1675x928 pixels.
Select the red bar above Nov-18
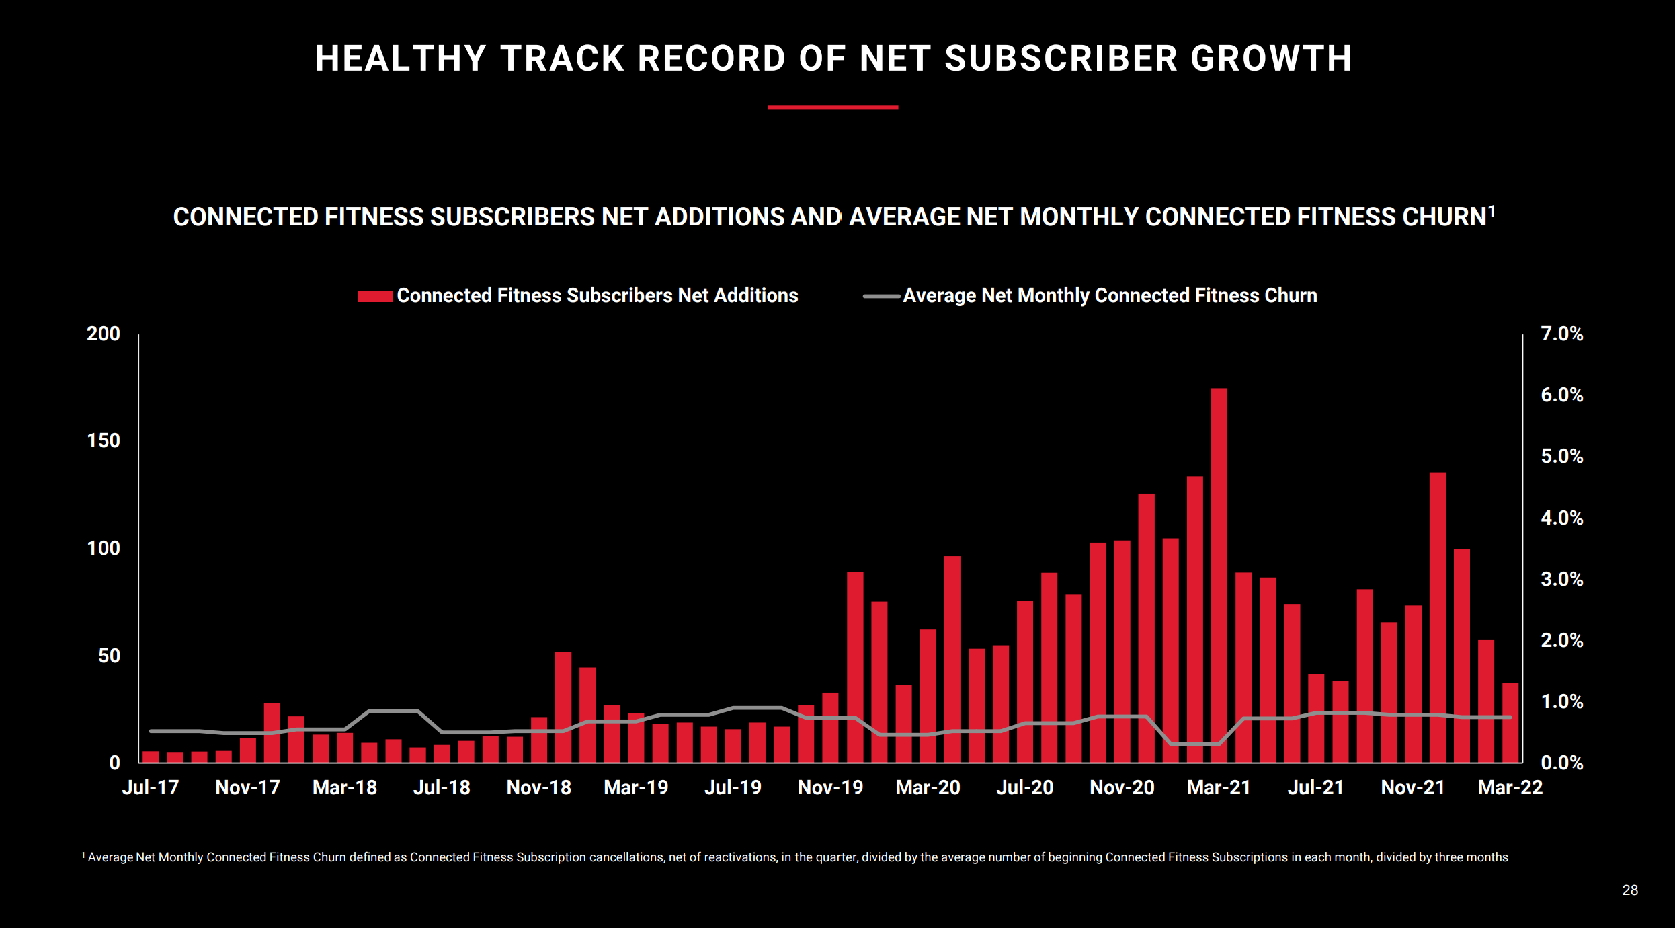[539, 740]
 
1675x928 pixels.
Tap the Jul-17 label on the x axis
[151, 787]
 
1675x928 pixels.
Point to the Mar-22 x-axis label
[1510, 787]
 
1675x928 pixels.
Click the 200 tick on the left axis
[104, 334]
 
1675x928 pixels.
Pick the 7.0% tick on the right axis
[1561, 334]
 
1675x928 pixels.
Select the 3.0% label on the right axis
[1561, 579]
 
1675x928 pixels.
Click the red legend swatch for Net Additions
[375, 296]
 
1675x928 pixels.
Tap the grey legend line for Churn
[881, 296]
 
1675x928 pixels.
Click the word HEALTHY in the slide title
[401, 59]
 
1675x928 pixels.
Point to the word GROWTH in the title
[1271, 59]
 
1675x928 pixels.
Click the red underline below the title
[833, 107]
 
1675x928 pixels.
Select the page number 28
[1629, 890]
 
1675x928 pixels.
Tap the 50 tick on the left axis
[109, 656]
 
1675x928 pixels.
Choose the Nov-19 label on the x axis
[830, 787]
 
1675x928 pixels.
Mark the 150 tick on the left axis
[104, 440]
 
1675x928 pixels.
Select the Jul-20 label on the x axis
[1024, 787]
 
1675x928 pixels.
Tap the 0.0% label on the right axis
[1561, 763]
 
